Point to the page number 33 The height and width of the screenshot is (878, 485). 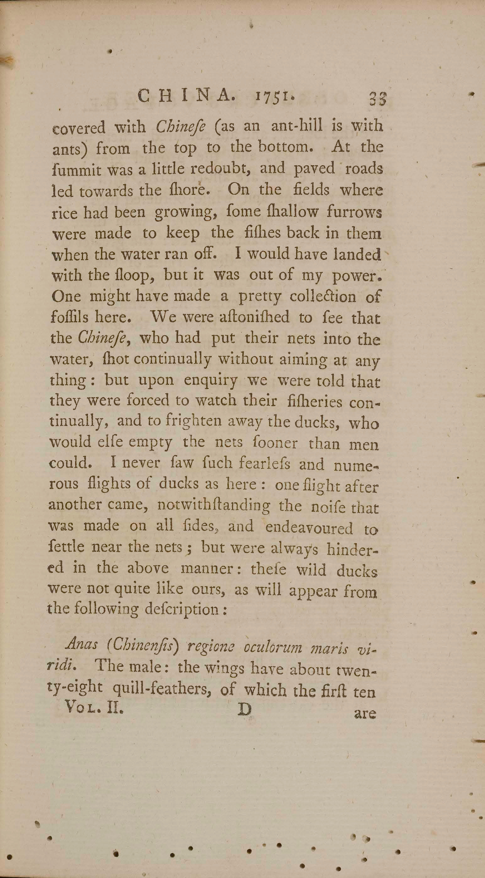[377, 100]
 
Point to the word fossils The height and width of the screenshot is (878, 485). [69, 317]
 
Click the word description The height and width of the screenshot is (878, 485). [181, 608]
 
